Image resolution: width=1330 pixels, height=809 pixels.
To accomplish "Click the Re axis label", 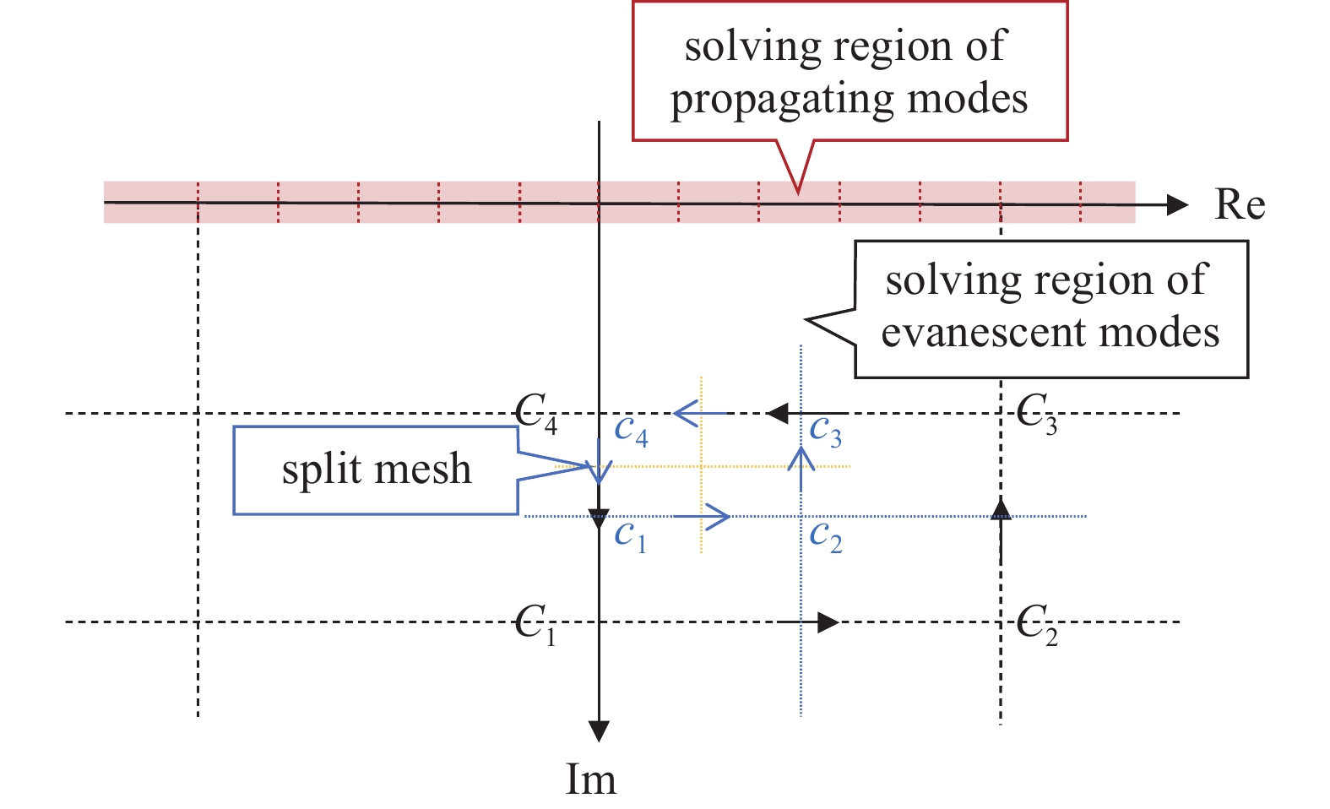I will tap(1239, 205).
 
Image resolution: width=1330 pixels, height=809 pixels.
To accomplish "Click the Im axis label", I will tap(590, 779).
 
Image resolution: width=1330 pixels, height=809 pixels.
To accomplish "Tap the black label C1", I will tap(535, 626).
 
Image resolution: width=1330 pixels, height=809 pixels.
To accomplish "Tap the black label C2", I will tap(1037, 626).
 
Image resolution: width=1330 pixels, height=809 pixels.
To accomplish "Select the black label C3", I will tap(1037, 414).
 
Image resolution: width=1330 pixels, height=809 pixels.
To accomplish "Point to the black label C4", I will tap(536, 414).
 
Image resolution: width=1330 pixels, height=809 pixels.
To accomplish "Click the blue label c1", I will tap(630, 535).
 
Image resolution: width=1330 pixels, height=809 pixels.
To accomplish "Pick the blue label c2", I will tap(825, 535).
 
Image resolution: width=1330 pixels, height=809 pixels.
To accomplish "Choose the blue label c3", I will tap(825, 431).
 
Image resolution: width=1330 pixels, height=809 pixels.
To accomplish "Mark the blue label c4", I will tap(631, 431).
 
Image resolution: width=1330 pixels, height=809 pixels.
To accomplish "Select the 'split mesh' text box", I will tap(376, 470).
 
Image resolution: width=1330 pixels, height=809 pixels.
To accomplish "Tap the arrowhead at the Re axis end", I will tap(1177, 204).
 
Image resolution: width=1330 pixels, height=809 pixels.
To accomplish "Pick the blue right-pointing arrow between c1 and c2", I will tap(717, 516).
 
